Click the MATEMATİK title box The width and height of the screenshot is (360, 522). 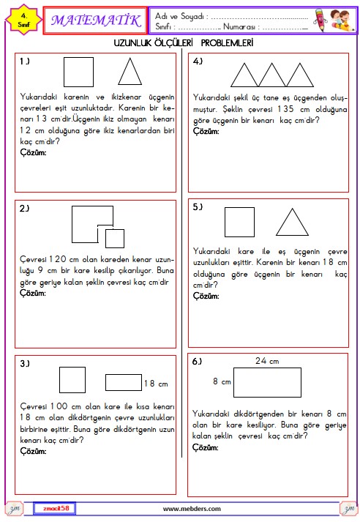pyautogui.click(x=95, y=20)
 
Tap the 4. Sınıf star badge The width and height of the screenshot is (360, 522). pyautogui.click(x=23, y=20)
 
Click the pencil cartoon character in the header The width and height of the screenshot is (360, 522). pyautogui.click(x=320, y=20)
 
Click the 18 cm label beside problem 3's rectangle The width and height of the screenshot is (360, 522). pyautogui.click(x=156, y=384)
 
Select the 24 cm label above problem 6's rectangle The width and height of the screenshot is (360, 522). pyautogui.click(x=267, y=361)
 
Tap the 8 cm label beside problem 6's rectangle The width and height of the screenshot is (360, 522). pyautogui.click(x=222, y=381)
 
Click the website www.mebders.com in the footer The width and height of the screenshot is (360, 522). pyautogui.click(x=192, y=509)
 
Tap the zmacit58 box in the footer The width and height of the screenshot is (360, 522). pyautogui.click(x=55, y=508)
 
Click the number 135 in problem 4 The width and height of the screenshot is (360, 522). pyautogui.click(x=286, y=109)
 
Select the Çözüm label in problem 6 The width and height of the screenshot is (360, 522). pyautogui.click(x=206, y=448)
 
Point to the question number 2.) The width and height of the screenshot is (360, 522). pyautogui.click(x=24, y=209)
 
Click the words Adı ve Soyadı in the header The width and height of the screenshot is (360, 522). pyautogui.click(x=179, y=16)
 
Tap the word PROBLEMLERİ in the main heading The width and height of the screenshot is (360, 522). pyautogui.click(x=227, y=42)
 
